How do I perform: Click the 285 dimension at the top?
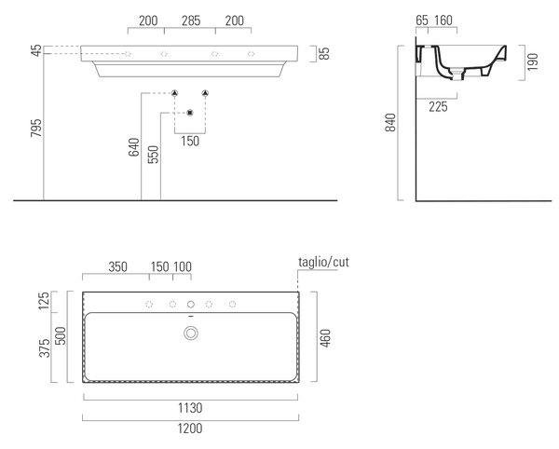[191, 20]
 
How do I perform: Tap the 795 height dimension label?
[36, 128]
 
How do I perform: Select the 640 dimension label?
[134, 147]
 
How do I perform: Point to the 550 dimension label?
[154, 155]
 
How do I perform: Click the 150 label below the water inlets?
[190, 141]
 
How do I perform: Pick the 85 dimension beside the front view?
[324, 53]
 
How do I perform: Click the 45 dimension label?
[36, 50]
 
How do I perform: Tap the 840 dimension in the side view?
[390, 122]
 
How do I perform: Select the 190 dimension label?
[532, 62]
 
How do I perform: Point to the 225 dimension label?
[438, 106]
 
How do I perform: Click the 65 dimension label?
[422, 20]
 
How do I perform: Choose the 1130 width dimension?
[190, 408]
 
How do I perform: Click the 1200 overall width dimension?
[190, 429]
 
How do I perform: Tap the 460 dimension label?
[325, 338]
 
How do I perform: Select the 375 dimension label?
[45, 347]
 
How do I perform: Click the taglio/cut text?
[323, 263]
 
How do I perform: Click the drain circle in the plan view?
[191, 333]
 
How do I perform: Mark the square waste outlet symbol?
[190, 113]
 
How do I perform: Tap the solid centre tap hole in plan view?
[191, 304]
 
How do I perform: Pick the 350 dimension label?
[117, 266]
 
